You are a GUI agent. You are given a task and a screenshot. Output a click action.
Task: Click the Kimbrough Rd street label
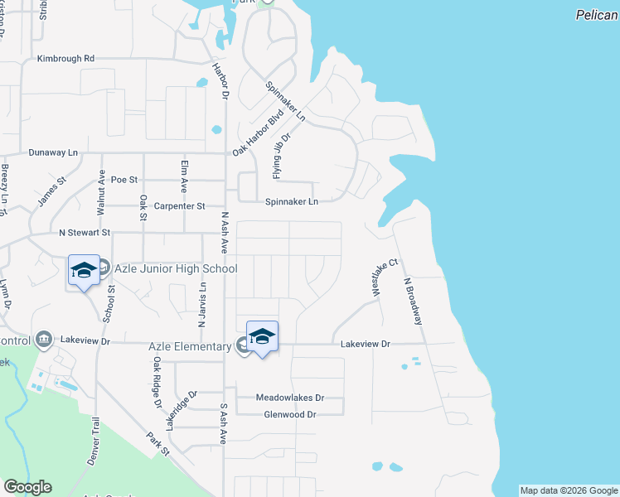pos(66,59)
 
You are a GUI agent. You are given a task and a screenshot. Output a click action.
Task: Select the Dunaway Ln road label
pos(53,152)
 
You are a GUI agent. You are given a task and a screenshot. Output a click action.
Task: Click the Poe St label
pos(124,179)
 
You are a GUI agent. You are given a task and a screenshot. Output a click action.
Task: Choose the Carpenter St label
pos(178,205)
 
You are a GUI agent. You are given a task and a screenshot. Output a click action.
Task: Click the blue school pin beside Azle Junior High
pos(84,270)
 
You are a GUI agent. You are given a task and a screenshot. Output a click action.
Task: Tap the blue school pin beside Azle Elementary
pos(262,335)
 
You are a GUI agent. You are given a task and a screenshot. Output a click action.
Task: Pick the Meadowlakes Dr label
pos(289,398)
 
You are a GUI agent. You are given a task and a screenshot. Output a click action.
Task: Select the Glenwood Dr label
pos(290,414)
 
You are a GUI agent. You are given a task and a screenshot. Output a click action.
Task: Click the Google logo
pos(27,487)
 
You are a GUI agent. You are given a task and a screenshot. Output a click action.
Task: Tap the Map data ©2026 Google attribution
pos(569,491)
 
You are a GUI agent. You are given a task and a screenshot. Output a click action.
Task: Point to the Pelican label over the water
pos(598,15)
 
